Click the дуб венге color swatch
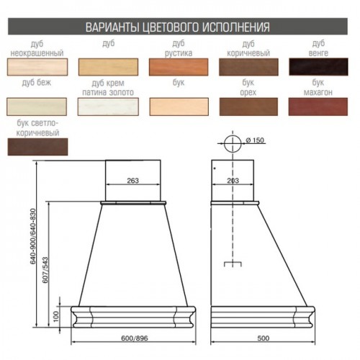pyautogui.click(x=318, y=67)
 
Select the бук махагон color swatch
pyautogui.click(x=318, y=107)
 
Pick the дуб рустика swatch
pyautogui.click(x=179, y=67)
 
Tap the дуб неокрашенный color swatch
pyautogui.click(x=37, y=67)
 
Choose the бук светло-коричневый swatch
pyautogui.click(x=37, y=147)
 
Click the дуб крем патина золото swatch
pyautogui.click(x=108, y=107)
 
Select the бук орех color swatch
pyautogui.click(x=248, y=107)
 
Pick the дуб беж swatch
pyautogui.click(x=37, y=107)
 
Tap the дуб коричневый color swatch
pyautogui.click(x=248, y=67)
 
